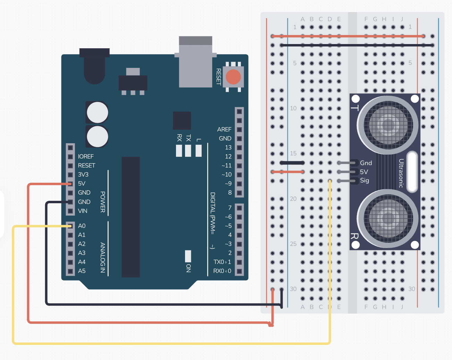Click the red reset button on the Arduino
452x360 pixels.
click(x=233, y=77)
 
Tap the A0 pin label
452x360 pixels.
click(x=82, y=226)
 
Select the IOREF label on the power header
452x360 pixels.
click(x=86, y=156)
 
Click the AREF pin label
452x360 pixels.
click(x=224, y=129)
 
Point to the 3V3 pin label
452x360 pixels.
click(x=83, y=174)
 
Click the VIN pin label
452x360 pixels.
click(x=83, y=211)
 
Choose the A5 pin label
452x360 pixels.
click(x=82, y=271)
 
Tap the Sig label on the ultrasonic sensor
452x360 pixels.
click(x=365, y=180)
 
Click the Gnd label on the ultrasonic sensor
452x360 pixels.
click(x=366, y=163)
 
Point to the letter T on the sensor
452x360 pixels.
click(x=355, y=108)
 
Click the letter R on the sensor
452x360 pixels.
click(x=354, y=236)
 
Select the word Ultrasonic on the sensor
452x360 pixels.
click(x=401, y=173)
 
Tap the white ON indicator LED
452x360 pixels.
click(x=188, y=256)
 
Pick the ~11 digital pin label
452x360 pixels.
click(x=226, y=165)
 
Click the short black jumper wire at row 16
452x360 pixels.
click(x=292, y=163)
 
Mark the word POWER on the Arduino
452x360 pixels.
click(x=103, y=202)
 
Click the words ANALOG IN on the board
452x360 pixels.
click(x=103, y=257)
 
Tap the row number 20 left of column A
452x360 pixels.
click(x=293, y=199)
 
